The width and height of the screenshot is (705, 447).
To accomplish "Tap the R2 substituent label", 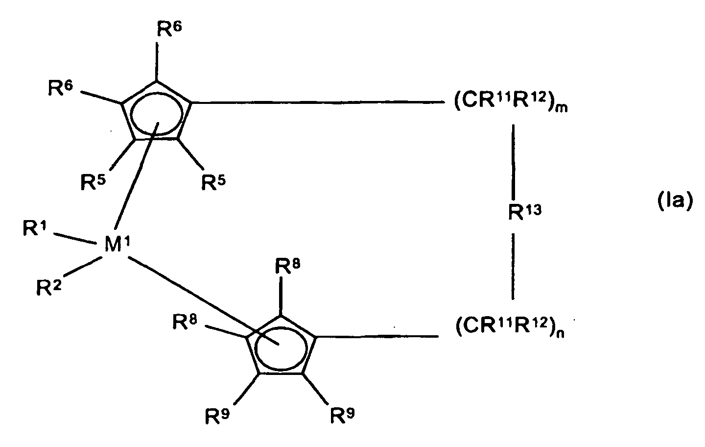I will (48, 287).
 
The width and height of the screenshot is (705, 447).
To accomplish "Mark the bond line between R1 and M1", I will (73, 238).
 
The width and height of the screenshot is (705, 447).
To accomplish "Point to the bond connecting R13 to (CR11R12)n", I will (513, 265).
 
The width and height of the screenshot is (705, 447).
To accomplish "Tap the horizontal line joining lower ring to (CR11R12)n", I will (377, 336).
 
